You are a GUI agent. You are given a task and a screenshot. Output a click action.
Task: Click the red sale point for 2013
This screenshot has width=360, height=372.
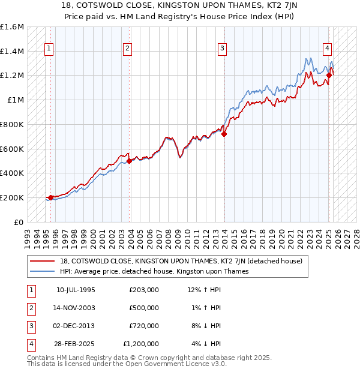224,134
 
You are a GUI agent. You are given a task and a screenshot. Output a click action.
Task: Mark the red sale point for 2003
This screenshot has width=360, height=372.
129,161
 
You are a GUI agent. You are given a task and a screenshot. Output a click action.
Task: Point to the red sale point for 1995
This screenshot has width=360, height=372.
50,197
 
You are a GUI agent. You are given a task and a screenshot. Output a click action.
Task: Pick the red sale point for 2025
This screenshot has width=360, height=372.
329,75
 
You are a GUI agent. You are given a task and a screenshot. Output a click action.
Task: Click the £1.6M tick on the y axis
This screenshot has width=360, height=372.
12,27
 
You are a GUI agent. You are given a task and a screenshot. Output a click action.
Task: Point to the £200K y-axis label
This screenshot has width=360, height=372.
12,197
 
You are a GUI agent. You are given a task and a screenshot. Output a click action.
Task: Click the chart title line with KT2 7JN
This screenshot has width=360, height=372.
179,6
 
